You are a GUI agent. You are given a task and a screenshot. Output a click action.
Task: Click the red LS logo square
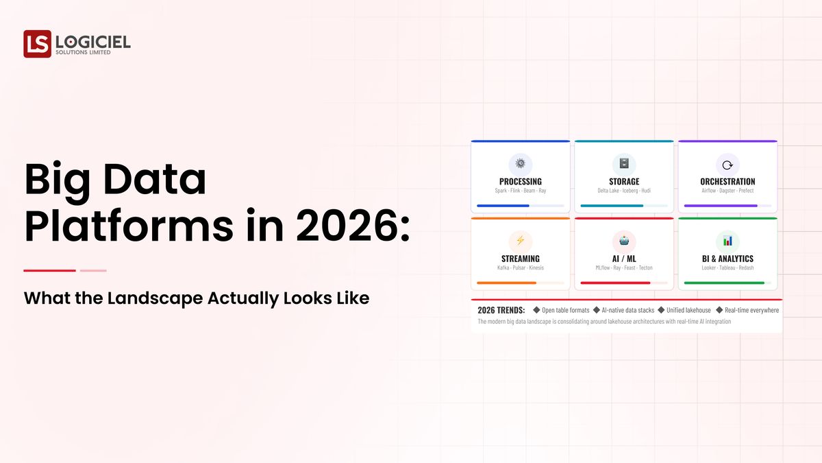click(37, 44)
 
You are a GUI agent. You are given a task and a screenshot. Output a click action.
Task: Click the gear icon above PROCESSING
click(521, 163)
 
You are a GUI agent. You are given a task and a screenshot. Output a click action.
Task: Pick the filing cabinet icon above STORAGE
click(624, 163)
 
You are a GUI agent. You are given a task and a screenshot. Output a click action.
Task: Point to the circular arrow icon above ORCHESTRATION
click(727, 164)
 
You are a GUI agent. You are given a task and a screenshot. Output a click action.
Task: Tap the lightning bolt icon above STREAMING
click(521, 240)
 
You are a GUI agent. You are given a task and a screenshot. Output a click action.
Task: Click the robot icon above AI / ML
click(624, 240)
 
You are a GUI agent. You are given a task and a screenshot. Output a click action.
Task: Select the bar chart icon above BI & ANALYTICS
click(727, 241)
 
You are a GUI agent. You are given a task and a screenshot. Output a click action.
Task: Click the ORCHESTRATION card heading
click(727, 182)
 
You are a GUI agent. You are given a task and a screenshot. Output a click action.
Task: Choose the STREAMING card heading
click(521, 259)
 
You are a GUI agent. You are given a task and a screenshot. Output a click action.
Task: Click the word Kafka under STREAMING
click(504, 268)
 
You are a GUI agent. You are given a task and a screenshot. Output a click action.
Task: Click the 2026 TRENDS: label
click(501, 310)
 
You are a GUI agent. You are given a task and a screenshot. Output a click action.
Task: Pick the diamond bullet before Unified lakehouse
click(661, 310)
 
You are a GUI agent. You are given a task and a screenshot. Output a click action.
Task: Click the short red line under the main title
click(49, 270)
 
